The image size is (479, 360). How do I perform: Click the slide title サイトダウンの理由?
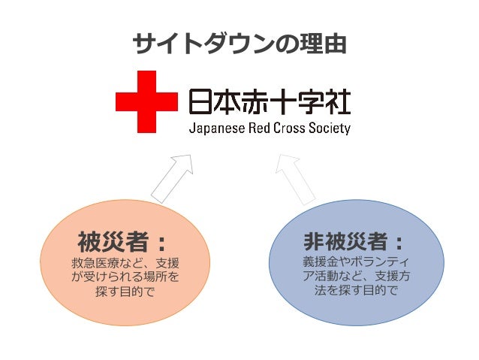pyautogui.click(x=239, y=44)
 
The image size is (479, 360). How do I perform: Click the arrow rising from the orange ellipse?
pyautogui.click(x=173, y=177)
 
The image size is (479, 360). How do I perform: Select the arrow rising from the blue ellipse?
pyautogui.click(x=298, y=177)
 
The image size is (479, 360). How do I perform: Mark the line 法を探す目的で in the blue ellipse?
pyautogui.click(x=352, y=290)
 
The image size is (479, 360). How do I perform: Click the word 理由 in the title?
pyautogui.click(x=325, y=44)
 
